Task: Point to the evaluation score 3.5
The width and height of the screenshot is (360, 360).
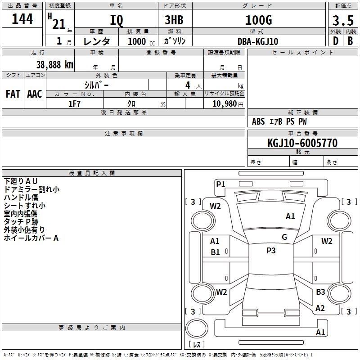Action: pos(342,21)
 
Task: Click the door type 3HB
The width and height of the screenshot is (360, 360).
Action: pos(174,20)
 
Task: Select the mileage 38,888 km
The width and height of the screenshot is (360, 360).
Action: pos(54,64)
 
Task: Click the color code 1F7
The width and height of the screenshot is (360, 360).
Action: pos(74,103)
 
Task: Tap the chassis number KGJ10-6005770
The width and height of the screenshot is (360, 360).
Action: pos(302,143)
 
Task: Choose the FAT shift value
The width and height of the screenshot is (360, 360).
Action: pos(13,94)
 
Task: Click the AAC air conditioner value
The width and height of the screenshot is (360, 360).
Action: pos(34,94)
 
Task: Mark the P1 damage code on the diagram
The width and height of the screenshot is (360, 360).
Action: pos(220,184)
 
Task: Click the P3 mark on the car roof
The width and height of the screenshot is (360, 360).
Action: pos(270,251)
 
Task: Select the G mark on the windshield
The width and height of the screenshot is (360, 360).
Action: pos(284,237)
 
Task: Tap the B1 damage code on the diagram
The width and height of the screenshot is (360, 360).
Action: pos(215,252)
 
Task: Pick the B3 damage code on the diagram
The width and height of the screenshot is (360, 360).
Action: pos(320,292)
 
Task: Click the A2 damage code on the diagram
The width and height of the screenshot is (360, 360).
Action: pos(320,308)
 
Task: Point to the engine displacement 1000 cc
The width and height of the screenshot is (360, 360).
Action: pos(137,41)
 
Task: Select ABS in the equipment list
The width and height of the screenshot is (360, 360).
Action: pos(258,121)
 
